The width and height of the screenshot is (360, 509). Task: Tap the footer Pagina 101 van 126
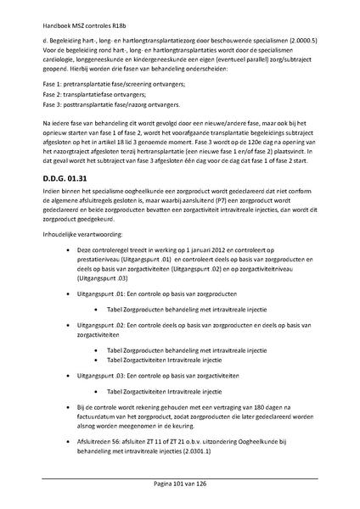point(179,485)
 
